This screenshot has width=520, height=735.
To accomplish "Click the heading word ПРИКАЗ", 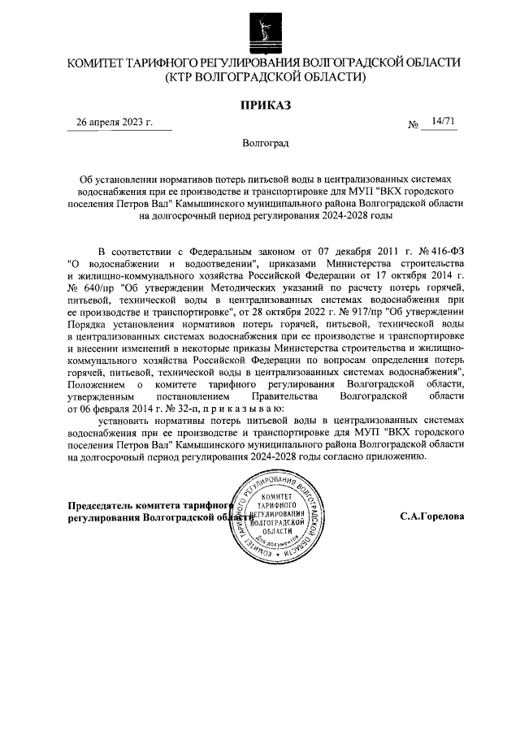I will pos(265,104).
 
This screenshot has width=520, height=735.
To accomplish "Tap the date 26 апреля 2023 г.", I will pos(114,123).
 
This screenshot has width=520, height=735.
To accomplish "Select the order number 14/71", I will pos(444,122).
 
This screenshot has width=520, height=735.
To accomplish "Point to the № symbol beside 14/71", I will pos(414,125).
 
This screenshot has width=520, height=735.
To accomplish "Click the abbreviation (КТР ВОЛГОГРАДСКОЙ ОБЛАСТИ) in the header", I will pos(265,78).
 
